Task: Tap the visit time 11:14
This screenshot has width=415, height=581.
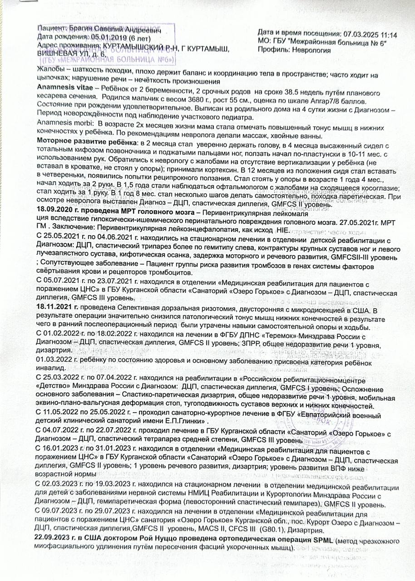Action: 388,34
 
